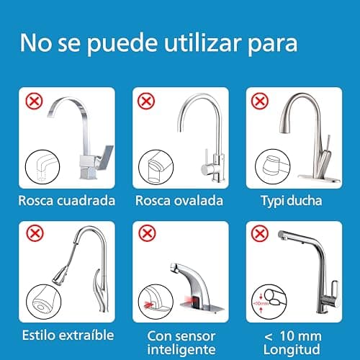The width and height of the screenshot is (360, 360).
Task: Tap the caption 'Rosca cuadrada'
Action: pyautogui.click(x=67, y=200)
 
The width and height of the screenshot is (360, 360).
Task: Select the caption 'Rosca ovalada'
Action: pyautogui.click(x=180, y=200)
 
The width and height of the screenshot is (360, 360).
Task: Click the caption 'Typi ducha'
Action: pyautogui.click(x=292, y=200)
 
